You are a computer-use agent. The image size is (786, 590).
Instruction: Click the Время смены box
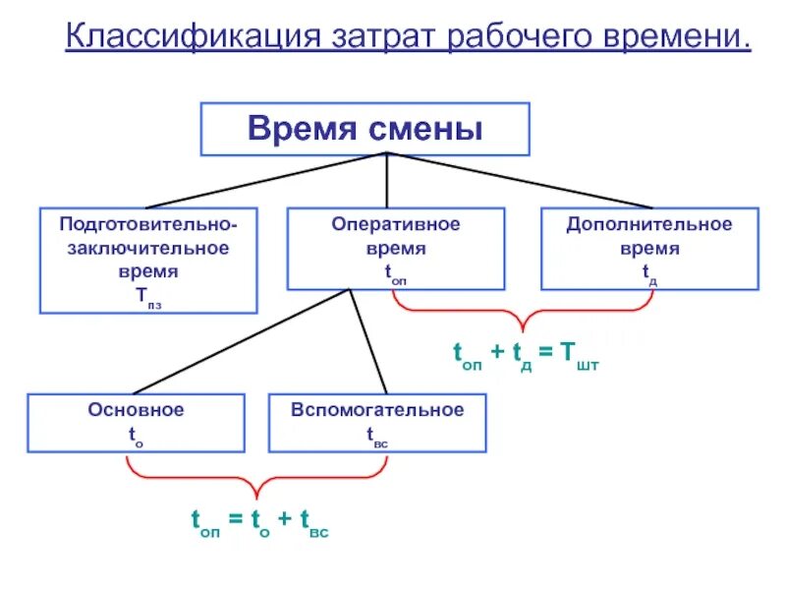click(x=365, y=129)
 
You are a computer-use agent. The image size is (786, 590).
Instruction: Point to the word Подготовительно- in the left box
click(x=148, y=225)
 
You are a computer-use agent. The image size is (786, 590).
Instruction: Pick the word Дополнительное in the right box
click(x=649, y=225)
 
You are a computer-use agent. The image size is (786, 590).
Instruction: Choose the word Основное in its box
click(x=136, y=410)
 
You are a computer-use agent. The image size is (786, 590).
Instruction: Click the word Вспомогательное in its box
click(x=377, y=410)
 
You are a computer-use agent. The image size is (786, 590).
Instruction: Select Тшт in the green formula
click(x=580, y=356)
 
